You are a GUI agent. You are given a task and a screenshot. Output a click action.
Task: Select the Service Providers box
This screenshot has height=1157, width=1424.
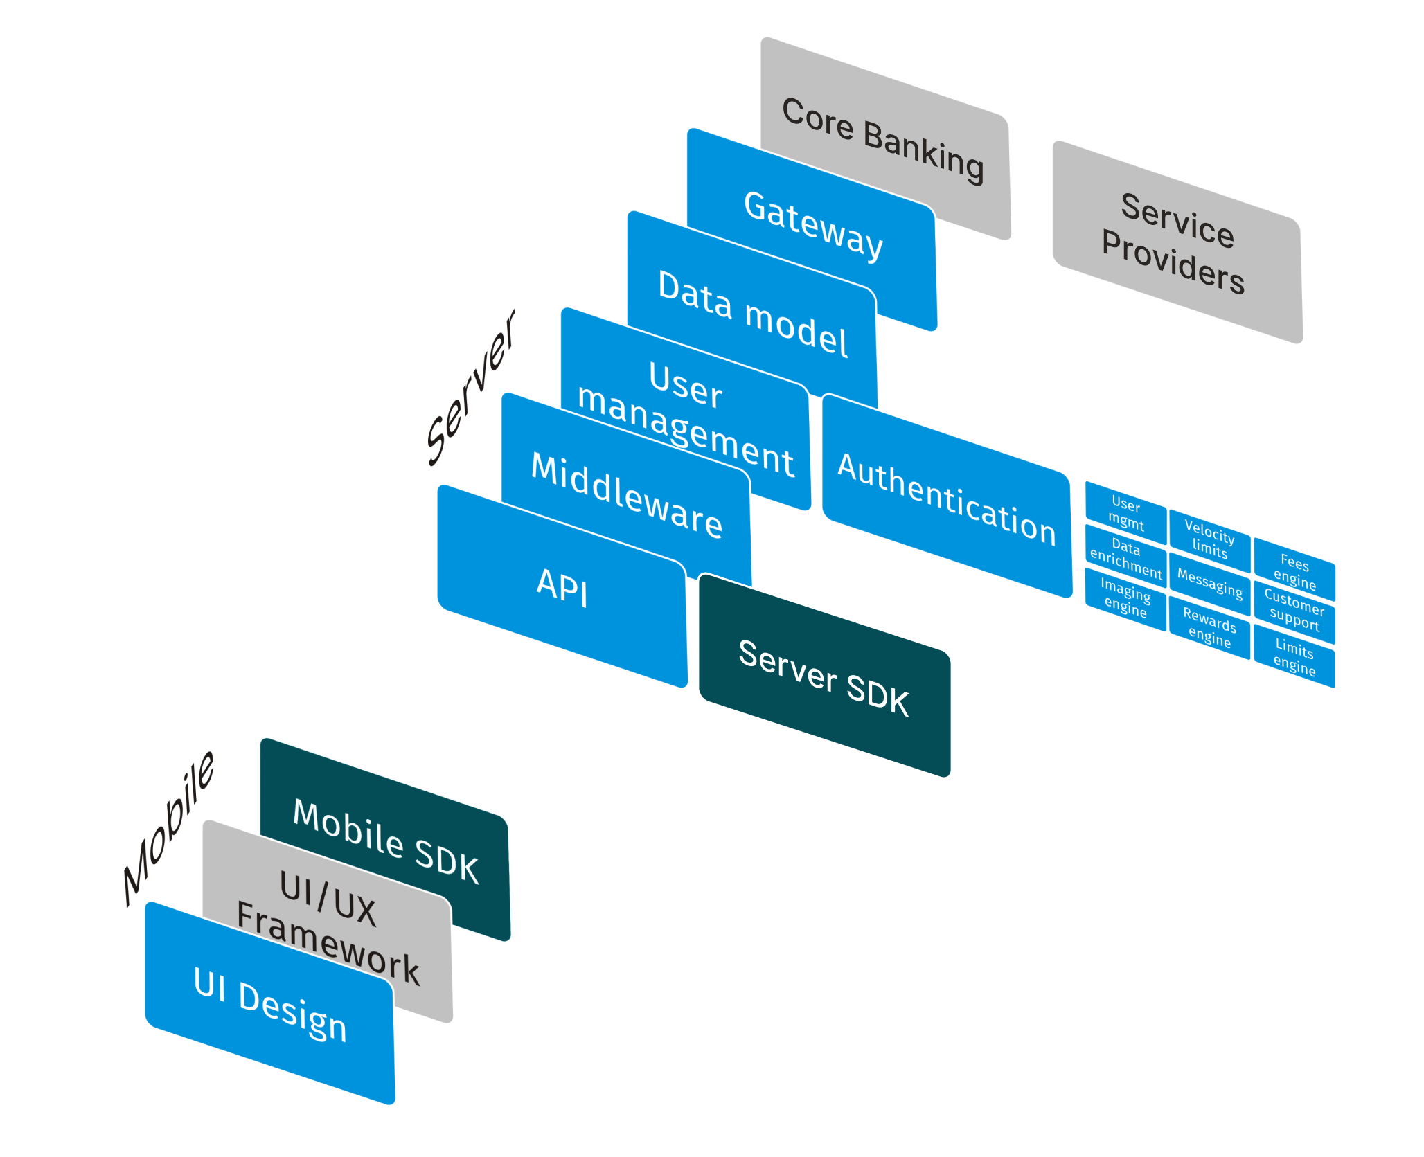[1177, 242]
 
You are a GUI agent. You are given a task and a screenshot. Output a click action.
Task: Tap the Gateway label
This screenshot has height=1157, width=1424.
[813, 226]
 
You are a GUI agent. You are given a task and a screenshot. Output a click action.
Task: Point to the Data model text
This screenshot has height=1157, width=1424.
[753, 314]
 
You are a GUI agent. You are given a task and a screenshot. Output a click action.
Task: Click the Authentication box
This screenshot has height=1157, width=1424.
[947, 496]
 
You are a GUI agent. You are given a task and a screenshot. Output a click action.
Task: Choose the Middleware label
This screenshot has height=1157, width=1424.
[627, 495]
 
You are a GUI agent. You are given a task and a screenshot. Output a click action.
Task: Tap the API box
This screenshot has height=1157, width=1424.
[562, 586]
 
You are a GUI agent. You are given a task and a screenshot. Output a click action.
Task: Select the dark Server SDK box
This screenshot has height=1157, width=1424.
[824, 675]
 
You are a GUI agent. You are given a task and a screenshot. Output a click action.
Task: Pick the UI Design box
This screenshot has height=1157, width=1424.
[270, 1003]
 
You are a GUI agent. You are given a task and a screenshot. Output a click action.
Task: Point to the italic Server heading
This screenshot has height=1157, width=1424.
[470, 388]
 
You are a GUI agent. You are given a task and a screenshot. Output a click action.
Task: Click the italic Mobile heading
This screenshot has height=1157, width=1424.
[168, 829]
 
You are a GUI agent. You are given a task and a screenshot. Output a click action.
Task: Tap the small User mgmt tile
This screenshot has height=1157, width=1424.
[1125, 512]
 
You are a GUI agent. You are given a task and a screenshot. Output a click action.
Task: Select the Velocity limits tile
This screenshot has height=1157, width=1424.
[1209, 540]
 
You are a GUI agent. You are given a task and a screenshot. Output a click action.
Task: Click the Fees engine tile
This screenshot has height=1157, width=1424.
[1294, 570]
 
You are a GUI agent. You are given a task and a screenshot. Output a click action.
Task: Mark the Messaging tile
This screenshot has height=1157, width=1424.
[1209, 583]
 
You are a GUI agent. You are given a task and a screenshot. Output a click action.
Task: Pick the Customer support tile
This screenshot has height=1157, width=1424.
[1294, 612]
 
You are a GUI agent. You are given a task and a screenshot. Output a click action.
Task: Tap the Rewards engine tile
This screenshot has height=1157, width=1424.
[1209, 627]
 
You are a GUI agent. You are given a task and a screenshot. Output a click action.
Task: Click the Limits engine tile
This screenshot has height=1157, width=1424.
[1294, 656]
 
